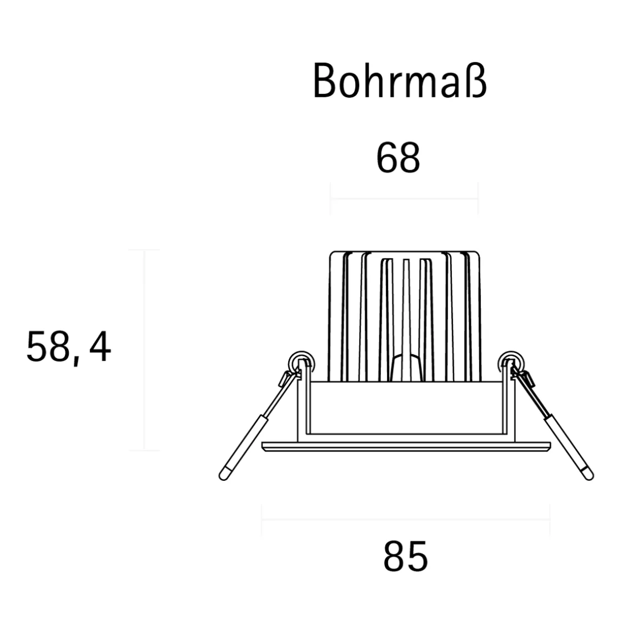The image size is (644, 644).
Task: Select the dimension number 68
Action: pos(398,158)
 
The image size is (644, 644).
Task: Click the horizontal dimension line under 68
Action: pos(404,198)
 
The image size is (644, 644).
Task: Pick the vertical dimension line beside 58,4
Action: pos(144,350)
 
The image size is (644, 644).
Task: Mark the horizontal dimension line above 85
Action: pos(406,520)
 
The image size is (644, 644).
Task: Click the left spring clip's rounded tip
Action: pos(224,475)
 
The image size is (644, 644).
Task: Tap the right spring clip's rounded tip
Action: pos(587,475)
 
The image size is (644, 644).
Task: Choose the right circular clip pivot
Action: pos(508,361)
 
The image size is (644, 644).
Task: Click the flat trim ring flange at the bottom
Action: pos(406,446)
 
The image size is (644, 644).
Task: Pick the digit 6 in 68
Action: pos(387,158)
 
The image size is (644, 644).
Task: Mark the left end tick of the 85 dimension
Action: pos(261,520)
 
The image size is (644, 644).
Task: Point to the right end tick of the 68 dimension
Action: pos(477,198)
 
